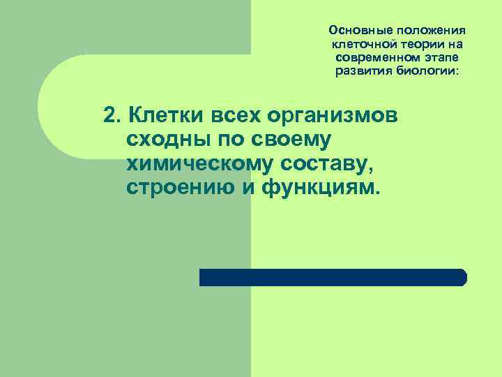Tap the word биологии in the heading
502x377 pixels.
click(429, 71)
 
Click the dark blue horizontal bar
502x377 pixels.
click(332, 277)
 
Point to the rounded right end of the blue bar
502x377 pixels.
click(462, 277)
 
